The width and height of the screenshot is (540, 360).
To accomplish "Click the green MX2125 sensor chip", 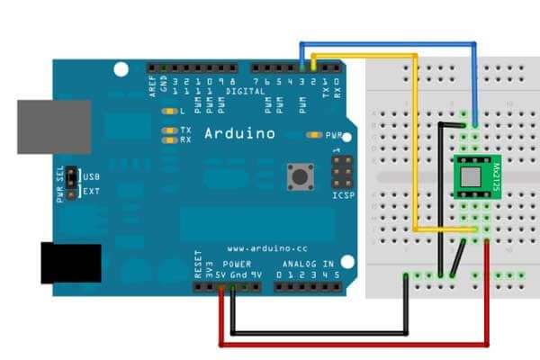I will [474, 176].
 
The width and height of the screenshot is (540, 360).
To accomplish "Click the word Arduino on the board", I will [239, 133].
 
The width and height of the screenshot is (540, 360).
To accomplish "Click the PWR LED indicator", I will [314, 135].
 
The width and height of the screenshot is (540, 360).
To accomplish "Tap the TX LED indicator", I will [167, 131].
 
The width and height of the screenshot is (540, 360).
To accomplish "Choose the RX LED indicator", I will [167, 140].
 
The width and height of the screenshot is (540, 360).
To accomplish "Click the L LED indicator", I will [167, 112].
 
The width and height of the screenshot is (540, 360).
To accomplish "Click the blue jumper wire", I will [387, 42].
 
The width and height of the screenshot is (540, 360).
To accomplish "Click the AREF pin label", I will [152, 86].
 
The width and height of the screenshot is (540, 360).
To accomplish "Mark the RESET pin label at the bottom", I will [198, 268].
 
